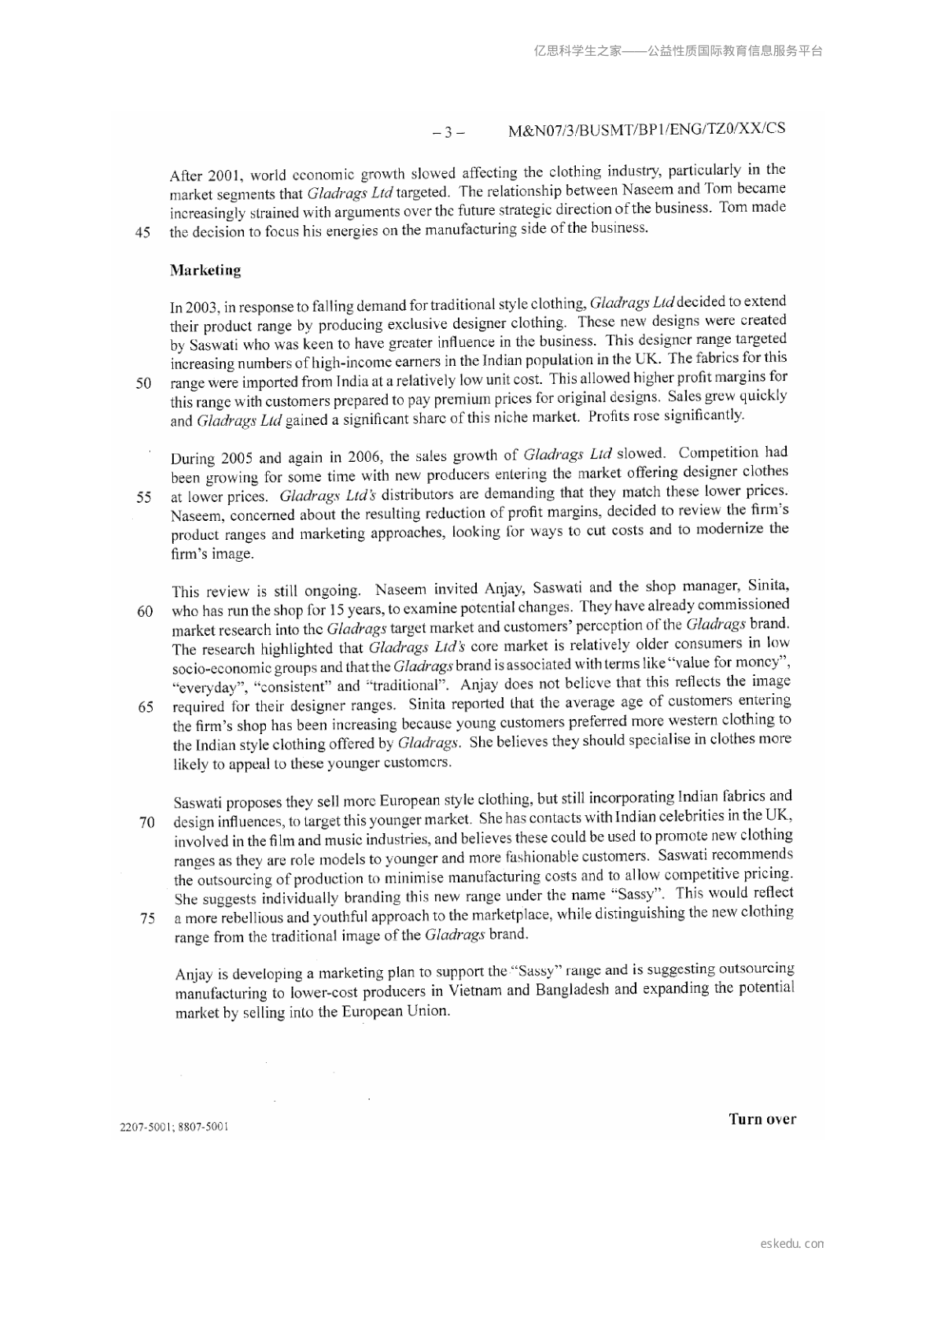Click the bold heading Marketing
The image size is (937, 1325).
pos(205,271)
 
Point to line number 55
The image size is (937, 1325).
pos(143,497)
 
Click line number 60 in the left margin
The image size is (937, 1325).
pos(145,611)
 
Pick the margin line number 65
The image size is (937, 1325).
pos(146,707)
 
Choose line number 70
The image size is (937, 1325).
pos(146,823)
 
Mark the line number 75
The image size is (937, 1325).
pos(147,918)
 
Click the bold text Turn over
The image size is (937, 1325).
pos(762,1119)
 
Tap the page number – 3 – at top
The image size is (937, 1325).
pos(448,132)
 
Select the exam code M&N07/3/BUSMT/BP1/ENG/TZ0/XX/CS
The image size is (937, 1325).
pos(647,129)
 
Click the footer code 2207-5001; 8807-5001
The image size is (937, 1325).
pos(174,1127)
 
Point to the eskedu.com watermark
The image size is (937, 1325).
pos(792,1244)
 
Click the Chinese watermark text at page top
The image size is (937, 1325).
pos(677,51)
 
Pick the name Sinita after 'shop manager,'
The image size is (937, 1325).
pos(768,586)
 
